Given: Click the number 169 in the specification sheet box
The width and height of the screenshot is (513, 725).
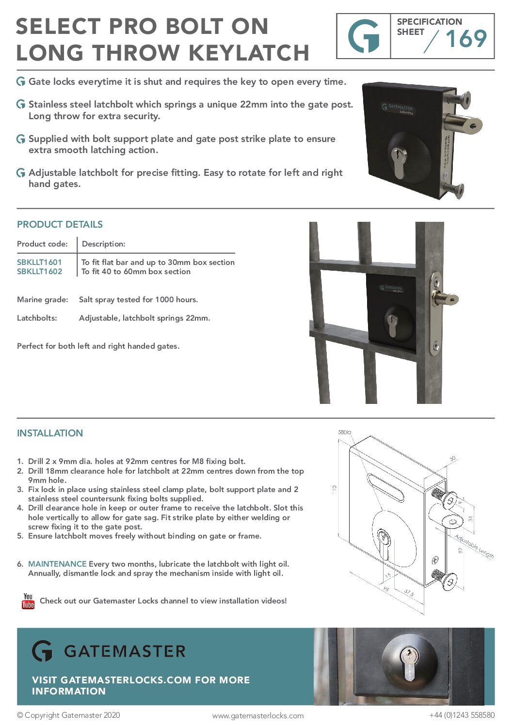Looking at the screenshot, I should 465,39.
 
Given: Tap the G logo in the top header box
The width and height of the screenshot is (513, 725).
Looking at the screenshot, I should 364,36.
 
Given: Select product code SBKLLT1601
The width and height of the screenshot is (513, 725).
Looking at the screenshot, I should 39,262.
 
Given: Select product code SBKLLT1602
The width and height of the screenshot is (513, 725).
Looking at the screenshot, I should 39,272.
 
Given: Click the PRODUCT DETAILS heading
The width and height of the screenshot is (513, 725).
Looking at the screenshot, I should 60,224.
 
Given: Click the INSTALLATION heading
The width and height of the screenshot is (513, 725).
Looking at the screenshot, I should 50,433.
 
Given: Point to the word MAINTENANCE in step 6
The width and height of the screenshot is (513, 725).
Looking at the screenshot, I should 57,564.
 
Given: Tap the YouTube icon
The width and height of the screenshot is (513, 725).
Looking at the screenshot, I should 28,601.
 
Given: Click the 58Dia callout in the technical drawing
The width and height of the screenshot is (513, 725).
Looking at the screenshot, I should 344,432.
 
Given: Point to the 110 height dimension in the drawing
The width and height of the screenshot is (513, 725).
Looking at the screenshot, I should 335,489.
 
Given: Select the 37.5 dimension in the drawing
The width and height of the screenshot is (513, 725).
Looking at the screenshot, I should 409,592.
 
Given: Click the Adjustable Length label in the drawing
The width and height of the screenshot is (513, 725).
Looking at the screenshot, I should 474,547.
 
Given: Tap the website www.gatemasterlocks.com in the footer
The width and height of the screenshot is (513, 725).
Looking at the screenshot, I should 258,715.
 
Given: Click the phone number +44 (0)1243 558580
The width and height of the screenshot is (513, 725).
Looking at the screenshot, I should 462,715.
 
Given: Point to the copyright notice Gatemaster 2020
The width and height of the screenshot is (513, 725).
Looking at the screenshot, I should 68,715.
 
